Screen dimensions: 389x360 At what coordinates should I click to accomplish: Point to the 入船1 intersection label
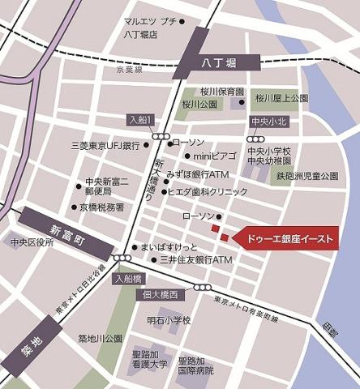[140, 120]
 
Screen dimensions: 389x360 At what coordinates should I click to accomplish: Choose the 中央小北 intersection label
[264, 122]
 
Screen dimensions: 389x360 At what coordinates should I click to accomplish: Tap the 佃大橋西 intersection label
[161, 295]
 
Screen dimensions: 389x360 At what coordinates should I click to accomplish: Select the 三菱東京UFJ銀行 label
[105, 146]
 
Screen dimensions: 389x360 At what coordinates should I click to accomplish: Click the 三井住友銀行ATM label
[198, 259]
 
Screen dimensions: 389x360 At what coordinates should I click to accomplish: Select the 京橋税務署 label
[101, 207]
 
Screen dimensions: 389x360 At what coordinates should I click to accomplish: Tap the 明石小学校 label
[168, 320]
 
